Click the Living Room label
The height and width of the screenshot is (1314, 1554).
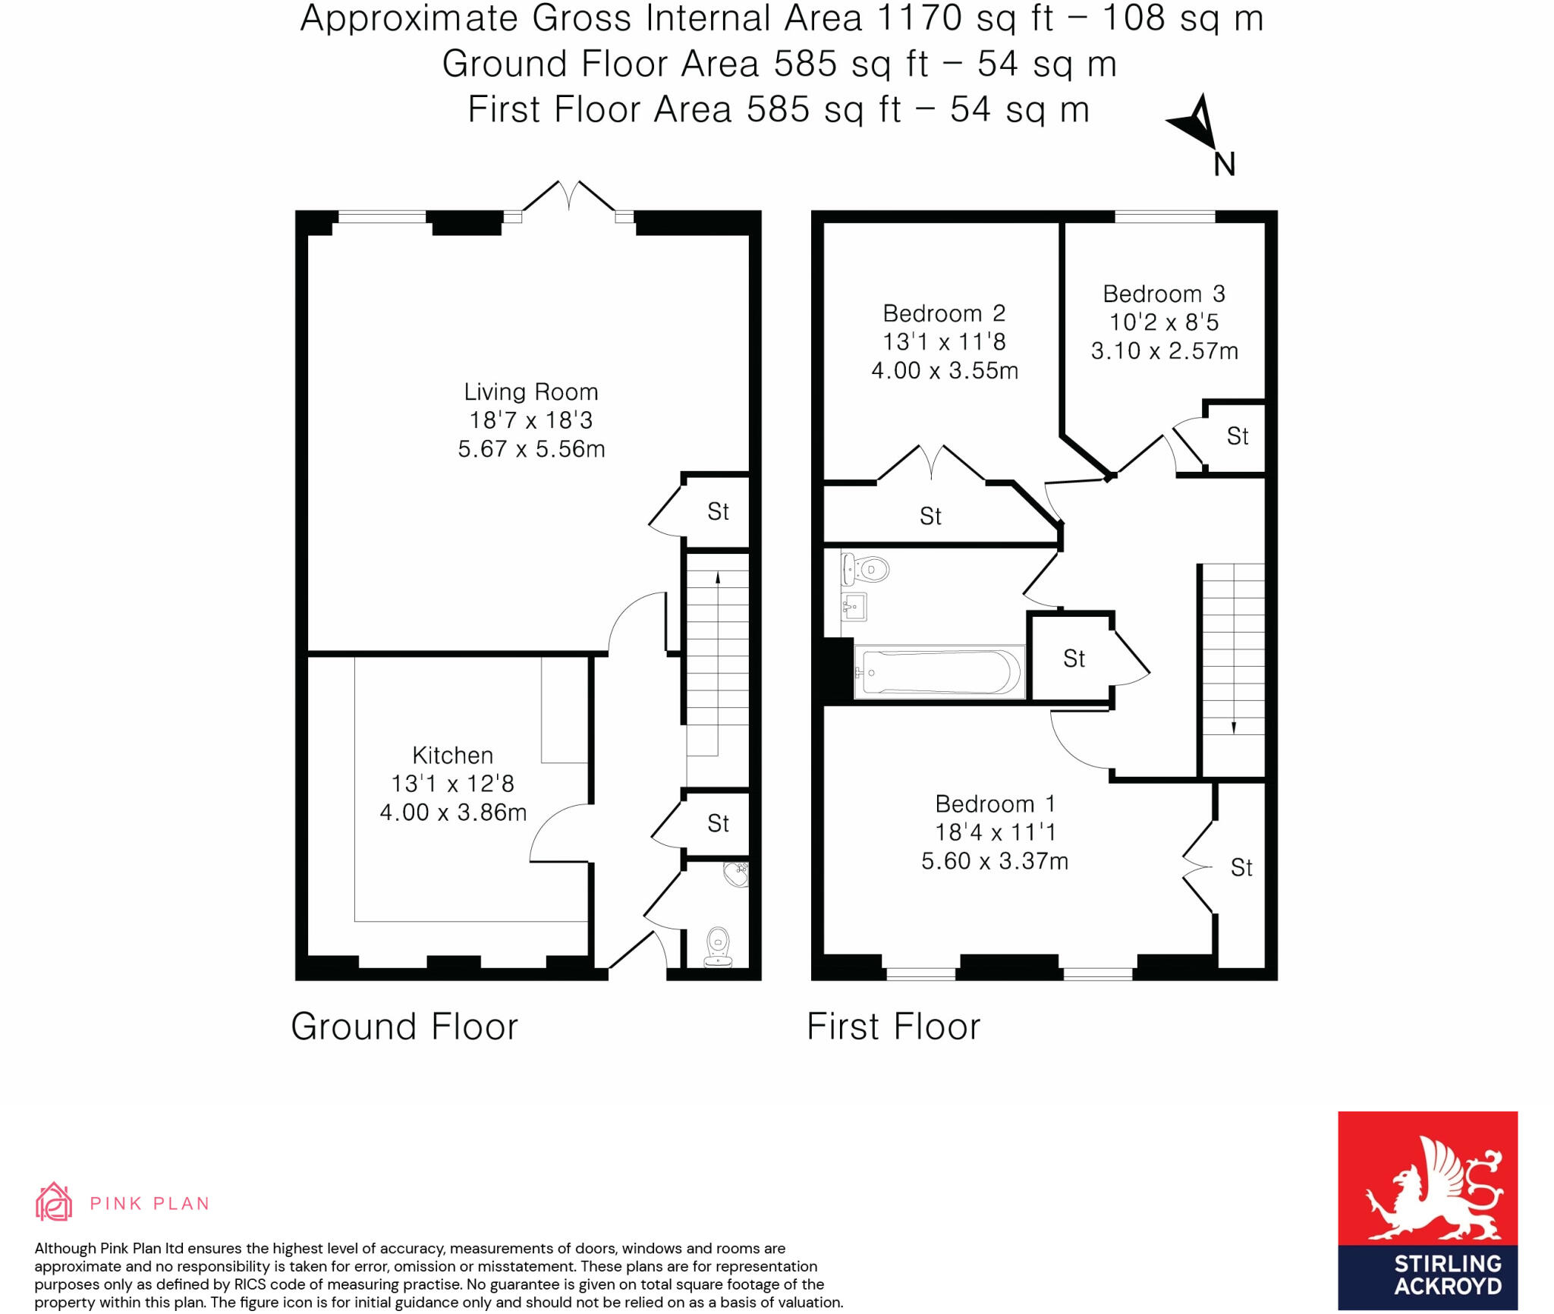(530, 392)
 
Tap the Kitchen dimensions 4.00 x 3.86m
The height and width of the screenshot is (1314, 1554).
(453, 813)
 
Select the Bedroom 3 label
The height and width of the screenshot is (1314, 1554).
(1163, 294)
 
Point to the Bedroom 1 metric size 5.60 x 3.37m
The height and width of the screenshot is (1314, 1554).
(994, 861)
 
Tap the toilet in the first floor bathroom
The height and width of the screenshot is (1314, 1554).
(867, 568)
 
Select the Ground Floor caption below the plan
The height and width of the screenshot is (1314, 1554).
(404, 1026)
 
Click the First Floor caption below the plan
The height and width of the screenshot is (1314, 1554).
(893, 1026)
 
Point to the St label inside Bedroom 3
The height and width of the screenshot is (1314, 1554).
(1237, 436)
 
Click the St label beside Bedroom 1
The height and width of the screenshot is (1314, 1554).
(1241, 867)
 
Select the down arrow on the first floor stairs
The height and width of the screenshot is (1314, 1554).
(1233, 727)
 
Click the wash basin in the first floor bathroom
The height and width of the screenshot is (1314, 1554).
(855, 606)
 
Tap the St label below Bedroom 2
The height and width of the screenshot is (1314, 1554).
(930, 517)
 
